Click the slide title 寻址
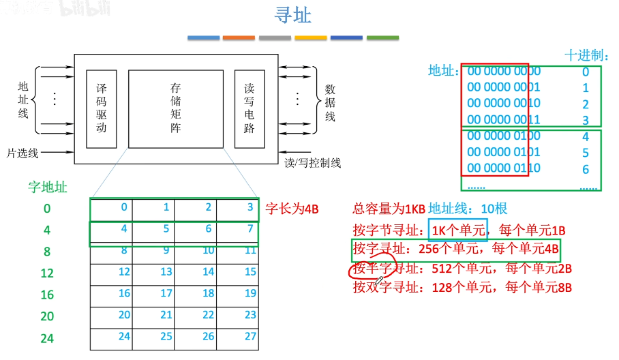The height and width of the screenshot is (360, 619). coord(294,15)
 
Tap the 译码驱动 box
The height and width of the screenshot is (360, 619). coord(102,108)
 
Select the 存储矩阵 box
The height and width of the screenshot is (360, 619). coord(176,108)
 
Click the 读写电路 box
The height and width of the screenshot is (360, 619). coord(249,108)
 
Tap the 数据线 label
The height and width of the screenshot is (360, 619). coord(330,102)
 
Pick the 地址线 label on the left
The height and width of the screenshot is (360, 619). coord(23,100)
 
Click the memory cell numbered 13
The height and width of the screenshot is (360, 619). coord(166,272)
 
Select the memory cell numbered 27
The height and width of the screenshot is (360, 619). coord(250,336)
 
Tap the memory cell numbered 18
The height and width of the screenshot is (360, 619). coord(208,293)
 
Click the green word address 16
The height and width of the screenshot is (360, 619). coord(47,295)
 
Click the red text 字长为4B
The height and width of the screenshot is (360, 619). coord(292,209)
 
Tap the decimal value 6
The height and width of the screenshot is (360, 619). coord(586,170)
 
